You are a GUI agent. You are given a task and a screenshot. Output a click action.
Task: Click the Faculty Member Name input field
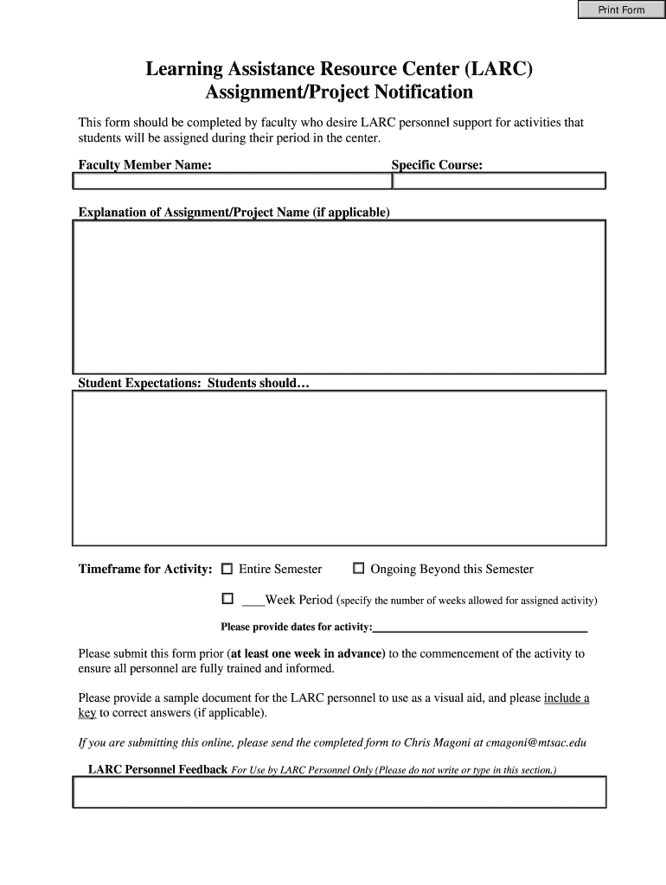(232, 181)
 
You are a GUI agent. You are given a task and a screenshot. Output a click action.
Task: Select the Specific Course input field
(499, 181)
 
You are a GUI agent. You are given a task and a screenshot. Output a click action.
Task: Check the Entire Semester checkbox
(227, 569)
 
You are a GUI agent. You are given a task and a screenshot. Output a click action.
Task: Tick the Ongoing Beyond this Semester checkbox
(359, 569)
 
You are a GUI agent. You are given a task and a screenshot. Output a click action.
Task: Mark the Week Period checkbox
(227, 598)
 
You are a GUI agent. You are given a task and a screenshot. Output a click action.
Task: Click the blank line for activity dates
(480, 628)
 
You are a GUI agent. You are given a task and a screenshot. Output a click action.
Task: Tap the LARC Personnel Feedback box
(339, 792)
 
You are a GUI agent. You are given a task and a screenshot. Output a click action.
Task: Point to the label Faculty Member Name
(144, 165)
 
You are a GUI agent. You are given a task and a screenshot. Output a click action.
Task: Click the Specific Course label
(437, 165)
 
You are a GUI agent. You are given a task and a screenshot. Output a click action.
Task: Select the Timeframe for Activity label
(145, 570)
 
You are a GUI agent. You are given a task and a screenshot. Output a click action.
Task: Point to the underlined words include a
(567, 698)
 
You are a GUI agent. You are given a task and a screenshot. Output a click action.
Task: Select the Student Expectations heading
(193, 383)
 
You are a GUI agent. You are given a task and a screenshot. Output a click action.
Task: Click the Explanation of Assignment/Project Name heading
(234, 213)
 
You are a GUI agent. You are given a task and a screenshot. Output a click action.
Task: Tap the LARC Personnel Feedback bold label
(158, 769)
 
